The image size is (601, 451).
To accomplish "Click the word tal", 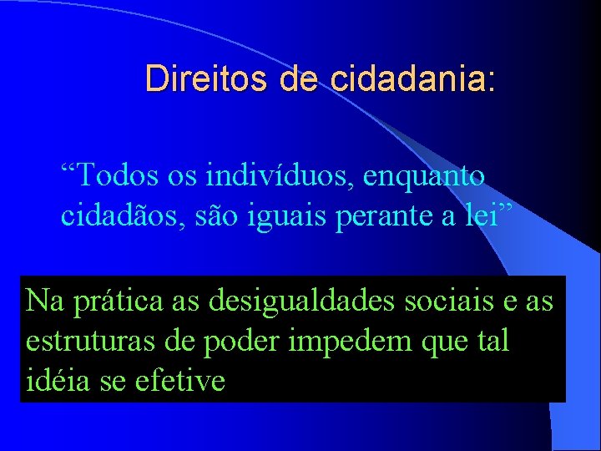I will [491, 341].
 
